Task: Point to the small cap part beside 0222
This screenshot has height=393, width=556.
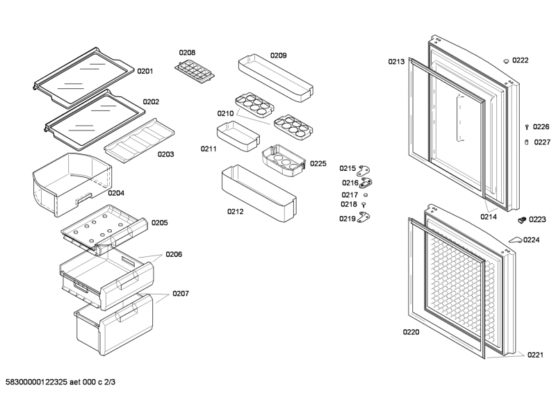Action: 506,61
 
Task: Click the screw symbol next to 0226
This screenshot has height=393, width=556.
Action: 527,127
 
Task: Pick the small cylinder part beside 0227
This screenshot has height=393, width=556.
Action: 527,142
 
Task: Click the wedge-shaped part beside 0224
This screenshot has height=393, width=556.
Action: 514,240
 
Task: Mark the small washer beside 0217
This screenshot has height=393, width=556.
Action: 366,195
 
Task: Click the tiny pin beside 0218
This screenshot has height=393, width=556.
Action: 363,205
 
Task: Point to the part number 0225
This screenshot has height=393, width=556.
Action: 318,164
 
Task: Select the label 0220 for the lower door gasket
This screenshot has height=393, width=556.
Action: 411,333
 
